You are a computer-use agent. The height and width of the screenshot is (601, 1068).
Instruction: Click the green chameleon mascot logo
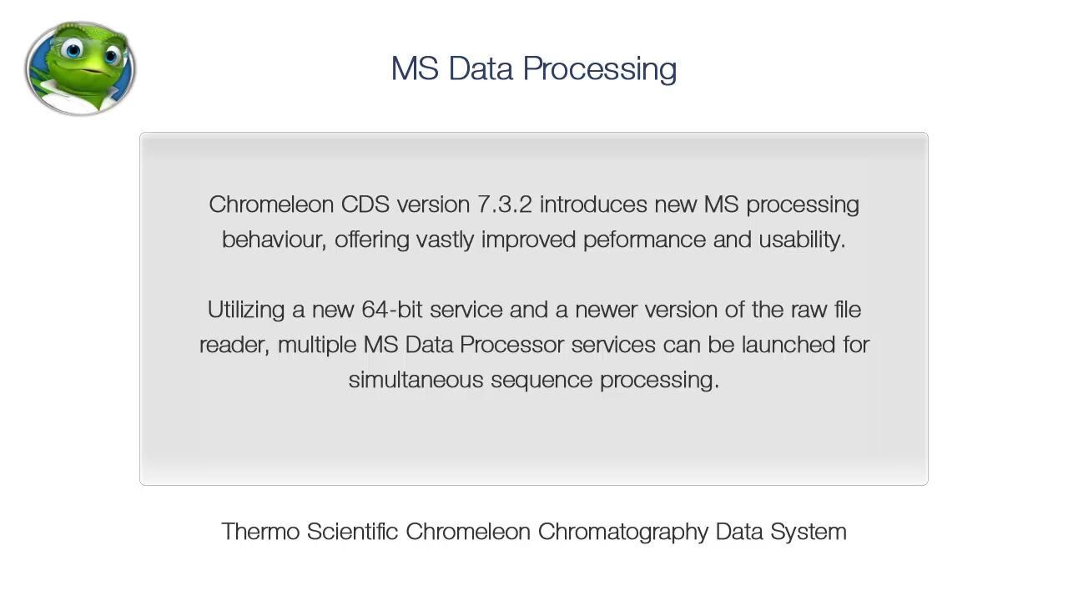81,68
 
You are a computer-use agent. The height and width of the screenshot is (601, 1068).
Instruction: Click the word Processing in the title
600,69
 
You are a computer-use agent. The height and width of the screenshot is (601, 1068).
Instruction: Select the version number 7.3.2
505,205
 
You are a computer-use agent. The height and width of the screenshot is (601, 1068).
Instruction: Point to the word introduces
593,205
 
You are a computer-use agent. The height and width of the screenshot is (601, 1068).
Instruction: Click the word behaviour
275,240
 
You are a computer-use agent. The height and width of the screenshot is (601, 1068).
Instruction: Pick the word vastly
445,240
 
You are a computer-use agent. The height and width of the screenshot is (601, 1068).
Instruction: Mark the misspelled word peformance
644,240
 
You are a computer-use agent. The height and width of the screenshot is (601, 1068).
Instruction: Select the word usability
802,240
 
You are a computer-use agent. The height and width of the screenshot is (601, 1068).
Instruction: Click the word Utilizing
246,311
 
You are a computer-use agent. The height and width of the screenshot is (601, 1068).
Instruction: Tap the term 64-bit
392,310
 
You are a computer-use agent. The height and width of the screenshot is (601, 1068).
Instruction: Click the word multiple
317,345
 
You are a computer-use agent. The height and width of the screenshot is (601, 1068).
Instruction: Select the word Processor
512,345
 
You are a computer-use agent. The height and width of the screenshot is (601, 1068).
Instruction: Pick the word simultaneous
416,380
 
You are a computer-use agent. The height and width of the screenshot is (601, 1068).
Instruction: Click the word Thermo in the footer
260,532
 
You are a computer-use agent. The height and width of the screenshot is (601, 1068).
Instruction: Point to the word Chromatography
623,533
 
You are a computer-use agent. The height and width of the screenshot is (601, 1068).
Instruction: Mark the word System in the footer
809,533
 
